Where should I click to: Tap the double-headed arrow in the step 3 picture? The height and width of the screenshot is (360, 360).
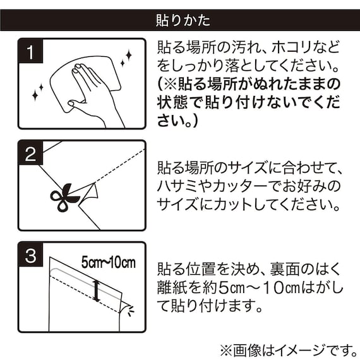point(97,291)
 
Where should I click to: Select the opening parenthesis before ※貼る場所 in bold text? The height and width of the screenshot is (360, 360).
point(160,83)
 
